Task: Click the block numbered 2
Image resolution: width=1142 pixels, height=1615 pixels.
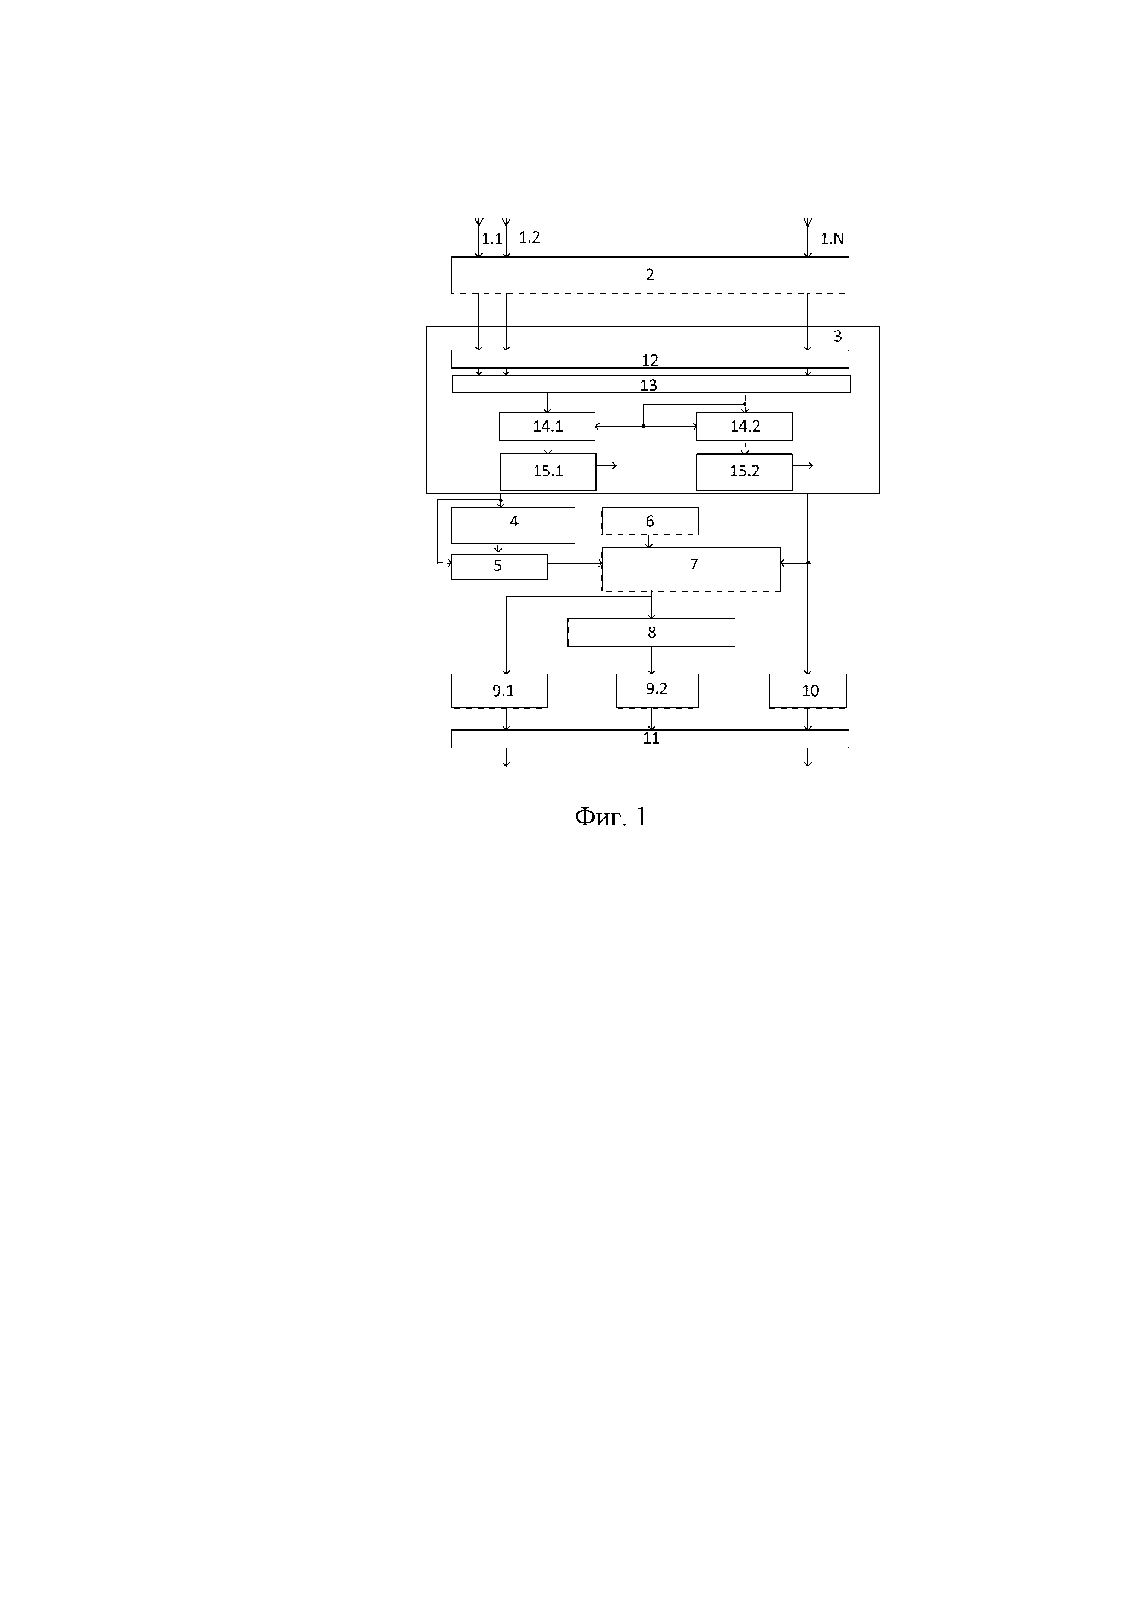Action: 649,275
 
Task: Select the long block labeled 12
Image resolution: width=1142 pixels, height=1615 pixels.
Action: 649,360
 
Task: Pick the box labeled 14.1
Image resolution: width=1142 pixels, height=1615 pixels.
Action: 548,426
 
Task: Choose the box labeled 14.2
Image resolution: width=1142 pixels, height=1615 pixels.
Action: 745,426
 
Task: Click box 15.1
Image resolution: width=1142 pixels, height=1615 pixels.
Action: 548,471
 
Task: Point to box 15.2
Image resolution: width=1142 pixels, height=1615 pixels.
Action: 745,471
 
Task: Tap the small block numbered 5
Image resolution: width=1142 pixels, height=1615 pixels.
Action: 498,566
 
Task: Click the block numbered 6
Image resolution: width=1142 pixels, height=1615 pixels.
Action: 649,521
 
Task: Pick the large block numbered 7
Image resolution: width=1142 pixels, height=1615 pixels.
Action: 690,569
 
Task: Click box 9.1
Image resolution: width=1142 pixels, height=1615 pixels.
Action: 498,691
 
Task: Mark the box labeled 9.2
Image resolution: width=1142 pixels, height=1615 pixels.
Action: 657,690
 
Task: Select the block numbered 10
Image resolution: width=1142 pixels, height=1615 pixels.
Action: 807,691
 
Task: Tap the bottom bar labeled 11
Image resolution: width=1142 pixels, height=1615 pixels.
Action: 649,738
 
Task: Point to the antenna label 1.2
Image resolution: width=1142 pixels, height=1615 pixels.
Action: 529,238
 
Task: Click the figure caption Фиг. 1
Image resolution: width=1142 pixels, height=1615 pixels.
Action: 610,817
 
